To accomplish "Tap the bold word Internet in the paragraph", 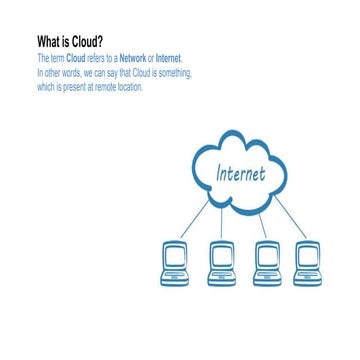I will click(x=169, y=60).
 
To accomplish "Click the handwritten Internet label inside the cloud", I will click(x=240, y=173).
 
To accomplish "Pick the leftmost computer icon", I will click(x=175, y=262).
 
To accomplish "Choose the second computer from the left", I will click(x=221, y=262).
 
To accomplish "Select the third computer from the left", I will click(x=266, y=262).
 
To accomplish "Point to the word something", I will click(x=172, y=74).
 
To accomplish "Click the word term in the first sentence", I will click(x=57, y=60).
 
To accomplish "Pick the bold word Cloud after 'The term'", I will click(x=77, y=60).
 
